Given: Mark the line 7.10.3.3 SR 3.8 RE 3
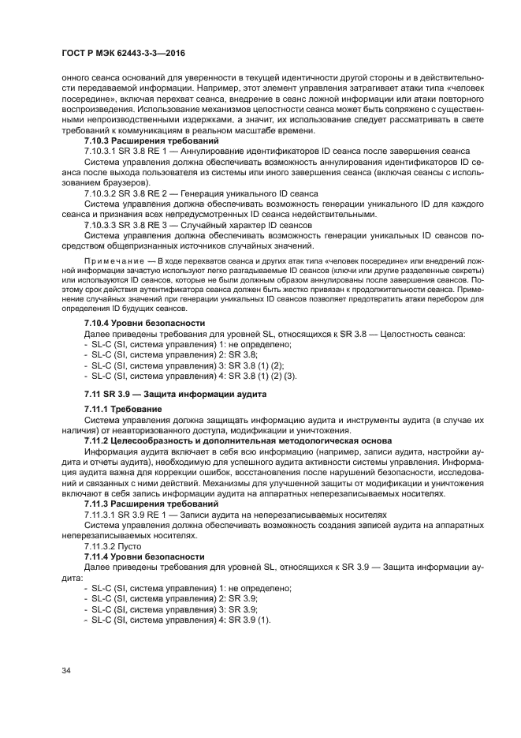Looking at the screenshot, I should point(198,224).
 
